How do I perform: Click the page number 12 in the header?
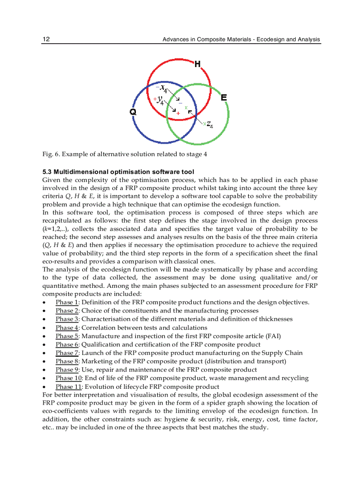coord(46,40)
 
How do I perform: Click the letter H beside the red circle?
coord(197,64)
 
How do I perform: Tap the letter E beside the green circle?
coord(224,98)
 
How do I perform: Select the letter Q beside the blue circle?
coord(133,112)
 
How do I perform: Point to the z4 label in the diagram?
coord(209,125)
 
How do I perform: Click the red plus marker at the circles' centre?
coord(178,114)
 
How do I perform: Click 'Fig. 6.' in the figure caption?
coord(51,154)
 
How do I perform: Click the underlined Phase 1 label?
coord(67,302)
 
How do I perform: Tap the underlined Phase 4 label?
coord(67,328)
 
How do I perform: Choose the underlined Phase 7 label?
coord(67,353)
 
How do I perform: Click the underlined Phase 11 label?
coord(69,387)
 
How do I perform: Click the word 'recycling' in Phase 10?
coord(294,378)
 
